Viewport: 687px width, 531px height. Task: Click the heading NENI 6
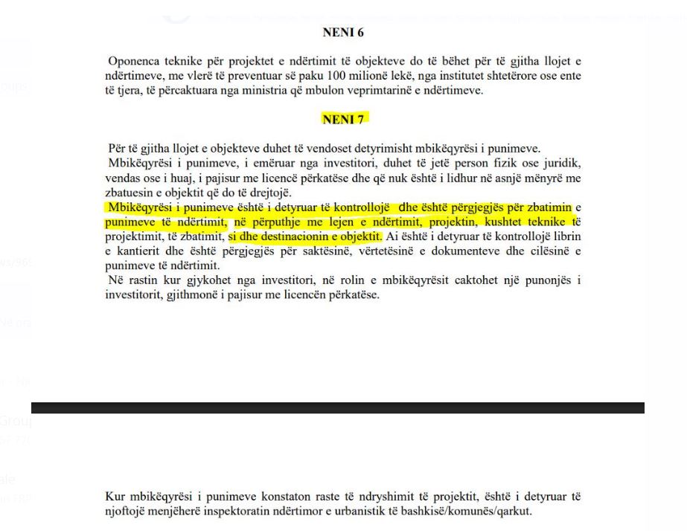[x=343, y=33]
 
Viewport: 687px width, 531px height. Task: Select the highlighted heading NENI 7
[x=343, y=119]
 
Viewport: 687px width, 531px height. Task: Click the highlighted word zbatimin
[x=546, y=207]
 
